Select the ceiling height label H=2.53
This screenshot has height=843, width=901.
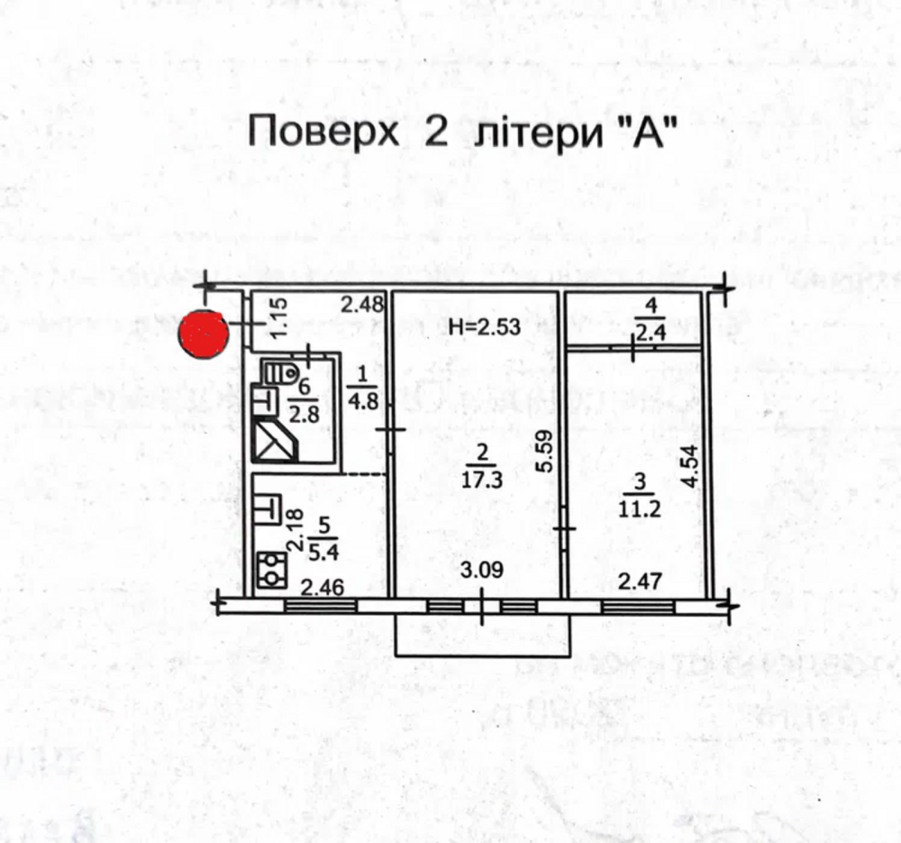(x=485, y=327)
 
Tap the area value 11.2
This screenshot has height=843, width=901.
(x=641, y=508)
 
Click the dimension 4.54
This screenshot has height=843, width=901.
(x=691, y=463)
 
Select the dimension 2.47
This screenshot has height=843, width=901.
(x=641, y=582)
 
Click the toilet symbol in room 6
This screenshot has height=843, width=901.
(x=281, y=371)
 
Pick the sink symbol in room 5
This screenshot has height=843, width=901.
(x=268, y=508)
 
